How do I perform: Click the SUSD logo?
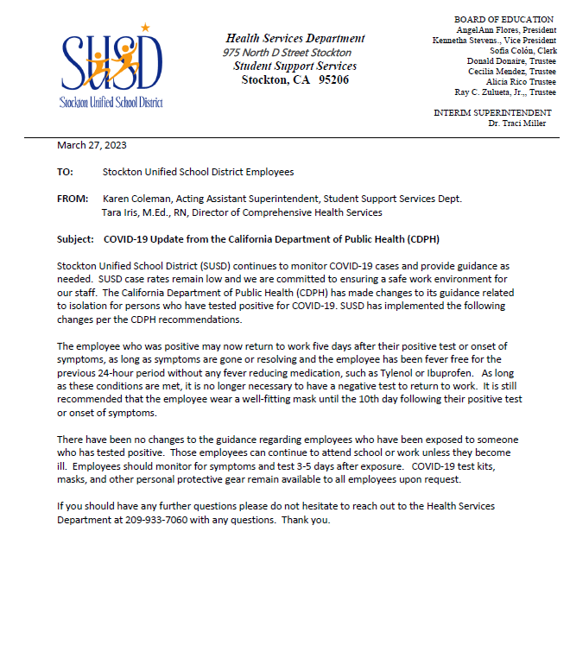[x=110, y=67]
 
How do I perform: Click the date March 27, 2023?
[x=92, y=145]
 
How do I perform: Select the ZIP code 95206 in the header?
[x=333, y=79]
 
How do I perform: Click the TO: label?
[x=66, y=172]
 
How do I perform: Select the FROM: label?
[x=73, y=199]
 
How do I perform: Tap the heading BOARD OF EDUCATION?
[x=503, y=19]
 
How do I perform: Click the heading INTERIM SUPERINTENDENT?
[x=492, y=113]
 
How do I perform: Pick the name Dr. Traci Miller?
[x=516, y=123]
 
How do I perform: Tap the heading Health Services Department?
[x=294, y=38]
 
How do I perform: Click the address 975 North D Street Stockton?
[x=287, y=53]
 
